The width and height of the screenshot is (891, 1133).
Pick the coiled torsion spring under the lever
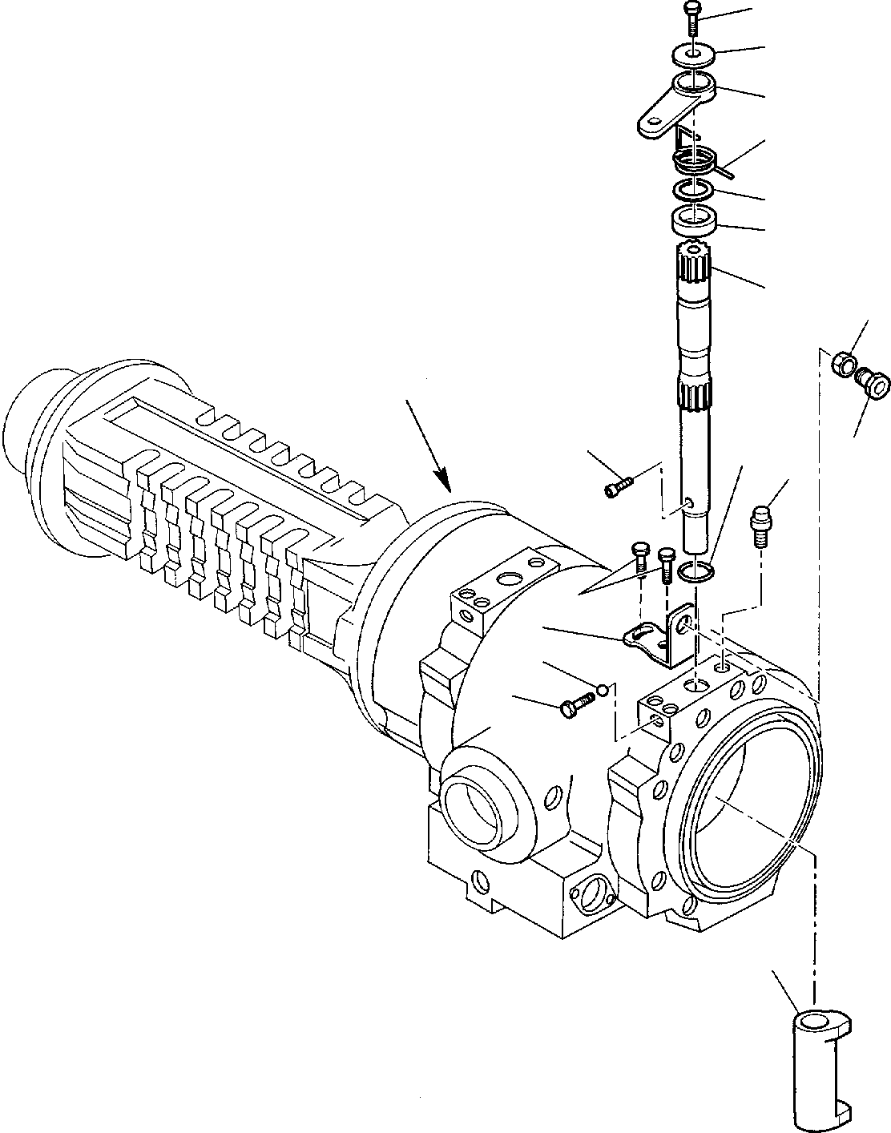[694, 161]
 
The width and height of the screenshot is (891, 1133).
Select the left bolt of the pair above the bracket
[640, 554]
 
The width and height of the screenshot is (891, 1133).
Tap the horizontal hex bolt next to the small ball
[577, 704]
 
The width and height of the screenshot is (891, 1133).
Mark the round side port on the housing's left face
[474, 809]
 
